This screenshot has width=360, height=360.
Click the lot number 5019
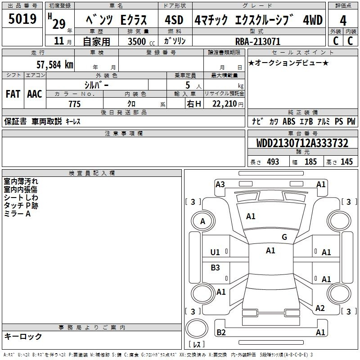(22, 18)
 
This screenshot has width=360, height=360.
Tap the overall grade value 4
(343, 20)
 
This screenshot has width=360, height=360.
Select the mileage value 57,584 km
(55, 64)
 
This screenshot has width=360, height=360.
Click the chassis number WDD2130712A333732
(302, 143)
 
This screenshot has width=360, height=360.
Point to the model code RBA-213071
(258, 41)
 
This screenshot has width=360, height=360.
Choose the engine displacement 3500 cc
(141, 41)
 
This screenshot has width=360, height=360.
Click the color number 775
(75, 104)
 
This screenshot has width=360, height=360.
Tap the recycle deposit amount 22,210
(225, 104)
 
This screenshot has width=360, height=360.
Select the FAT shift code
(13, 94)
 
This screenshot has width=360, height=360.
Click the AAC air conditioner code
(35, 94)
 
